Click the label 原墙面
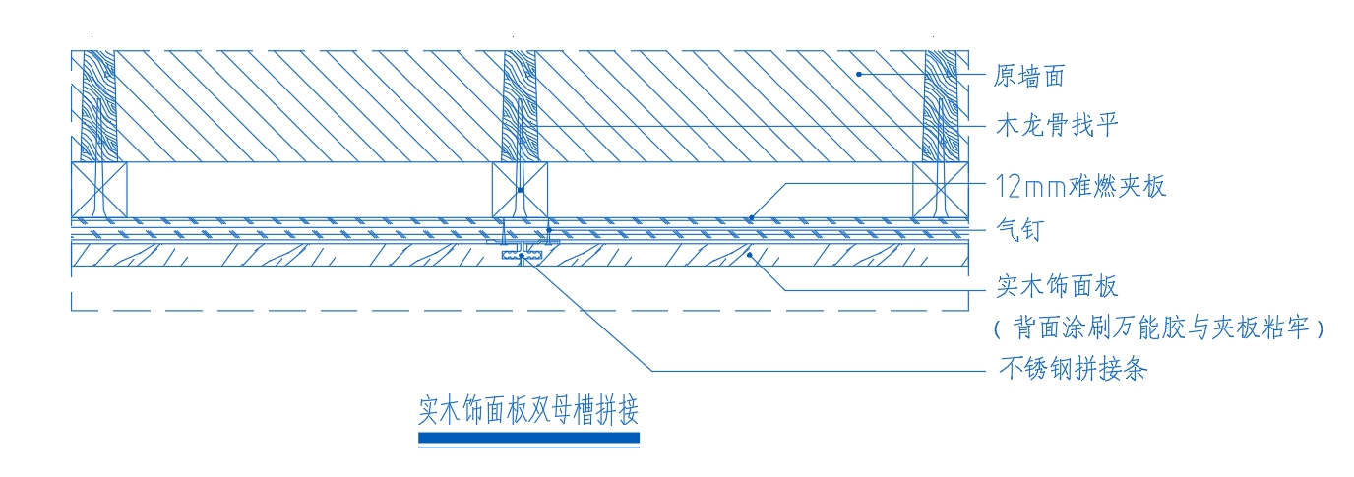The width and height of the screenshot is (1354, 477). click(1029, 76)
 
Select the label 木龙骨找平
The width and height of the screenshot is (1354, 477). click(1057, 125)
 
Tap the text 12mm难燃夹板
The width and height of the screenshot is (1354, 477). click(1080, 186)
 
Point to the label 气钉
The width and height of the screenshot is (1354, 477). click(1019, 229)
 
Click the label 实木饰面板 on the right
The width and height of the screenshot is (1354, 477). click(1057, 285)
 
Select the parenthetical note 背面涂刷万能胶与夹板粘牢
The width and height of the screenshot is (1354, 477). click(1159, 328)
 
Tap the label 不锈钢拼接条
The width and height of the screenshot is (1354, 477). click(1073, 368)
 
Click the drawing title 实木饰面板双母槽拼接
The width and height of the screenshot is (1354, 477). click(528, 410)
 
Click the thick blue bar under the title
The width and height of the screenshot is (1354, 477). click(529, 438)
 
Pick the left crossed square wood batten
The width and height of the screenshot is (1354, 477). click(99, 190)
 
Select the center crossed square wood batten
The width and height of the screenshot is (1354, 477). click(520, 190)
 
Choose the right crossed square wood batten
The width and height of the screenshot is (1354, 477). click(941, 190)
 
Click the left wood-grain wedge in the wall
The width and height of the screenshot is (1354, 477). click(99, 106)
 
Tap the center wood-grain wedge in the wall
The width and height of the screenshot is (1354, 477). click(520, 106)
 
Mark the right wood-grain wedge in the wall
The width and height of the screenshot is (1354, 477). click(941, 106)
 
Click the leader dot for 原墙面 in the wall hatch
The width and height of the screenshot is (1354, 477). click(858, 75)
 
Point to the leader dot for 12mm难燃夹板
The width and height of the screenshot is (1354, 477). click(752, 217)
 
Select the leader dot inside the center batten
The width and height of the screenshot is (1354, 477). click(520, 190)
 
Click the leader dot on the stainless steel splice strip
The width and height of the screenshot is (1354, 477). click(522, 256)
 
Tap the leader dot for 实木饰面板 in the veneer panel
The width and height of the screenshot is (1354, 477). click(750, 255)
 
